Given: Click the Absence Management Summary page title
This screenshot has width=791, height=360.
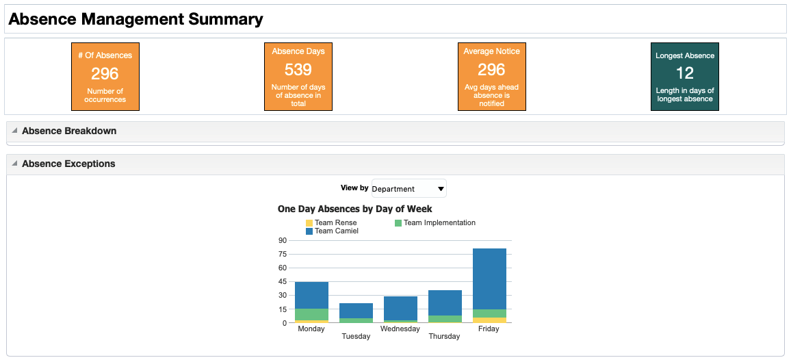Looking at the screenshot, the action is click(x=135, y=19).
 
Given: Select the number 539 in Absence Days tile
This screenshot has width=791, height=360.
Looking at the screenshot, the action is click(x=298, y=70).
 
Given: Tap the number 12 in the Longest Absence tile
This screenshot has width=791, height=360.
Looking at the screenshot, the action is click(x=684, y=73).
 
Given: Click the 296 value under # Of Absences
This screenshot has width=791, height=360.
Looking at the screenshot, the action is click(x=105, y=74).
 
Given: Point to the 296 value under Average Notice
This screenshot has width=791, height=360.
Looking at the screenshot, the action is click(x=491, y=70).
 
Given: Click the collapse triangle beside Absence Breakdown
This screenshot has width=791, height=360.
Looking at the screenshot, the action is click(x=14, y=130).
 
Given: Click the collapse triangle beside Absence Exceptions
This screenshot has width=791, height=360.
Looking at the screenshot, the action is click(x=14, y=163).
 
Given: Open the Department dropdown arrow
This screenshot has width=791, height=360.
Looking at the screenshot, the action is click(x=441, y=189).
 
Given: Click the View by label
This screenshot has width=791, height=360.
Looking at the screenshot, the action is click(x=354, y=188).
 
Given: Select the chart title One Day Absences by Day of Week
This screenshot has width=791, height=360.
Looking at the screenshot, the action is click(x=354, y=209).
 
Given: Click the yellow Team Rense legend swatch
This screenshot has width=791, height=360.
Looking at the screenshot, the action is click(x=309, y=222).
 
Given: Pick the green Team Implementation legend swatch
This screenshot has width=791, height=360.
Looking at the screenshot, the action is click(x=398, y=222).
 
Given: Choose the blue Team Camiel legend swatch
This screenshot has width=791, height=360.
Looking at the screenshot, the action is click(x=309, y=231).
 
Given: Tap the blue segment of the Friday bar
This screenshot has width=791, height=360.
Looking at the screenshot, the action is click(x=489, y=279).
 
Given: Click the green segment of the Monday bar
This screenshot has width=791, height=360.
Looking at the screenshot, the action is click(x=312, y=315).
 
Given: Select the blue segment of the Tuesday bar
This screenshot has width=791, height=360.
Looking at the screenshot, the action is click(x=356, y=311).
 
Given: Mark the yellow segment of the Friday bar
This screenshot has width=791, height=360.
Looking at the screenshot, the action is click(x=489, y=320).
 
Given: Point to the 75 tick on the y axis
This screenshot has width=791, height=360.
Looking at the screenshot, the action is click(x=282, y=254).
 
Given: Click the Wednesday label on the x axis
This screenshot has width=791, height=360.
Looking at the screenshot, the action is click(x=400, y=329).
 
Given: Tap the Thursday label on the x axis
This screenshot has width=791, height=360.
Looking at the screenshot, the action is click(x=445, y=336).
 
